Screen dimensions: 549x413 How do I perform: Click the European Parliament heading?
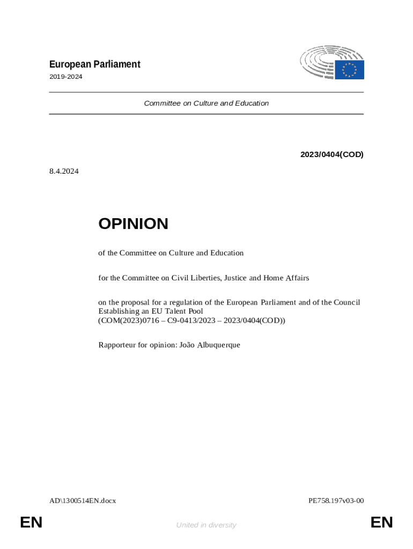point(94,64)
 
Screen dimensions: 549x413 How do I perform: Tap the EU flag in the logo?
point(350,70)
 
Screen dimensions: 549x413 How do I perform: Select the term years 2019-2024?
point(65,77)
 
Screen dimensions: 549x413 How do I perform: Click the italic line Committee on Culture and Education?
point(206,103)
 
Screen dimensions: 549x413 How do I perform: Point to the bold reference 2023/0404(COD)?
point(331,154)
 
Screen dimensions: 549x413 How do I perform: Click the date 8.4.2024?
point(64,172)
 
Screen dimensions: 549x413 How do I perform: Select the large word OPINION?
point(133,224)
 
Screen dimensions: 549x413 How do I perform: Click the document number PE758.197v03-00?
point(336,501)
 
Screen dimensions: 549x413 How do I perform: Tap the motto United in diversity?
point(206,525)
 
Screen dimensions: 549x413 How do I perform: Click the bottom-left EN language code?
point(31,523)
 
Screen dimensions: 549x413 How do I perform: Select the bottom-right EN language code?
point(381,523)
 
